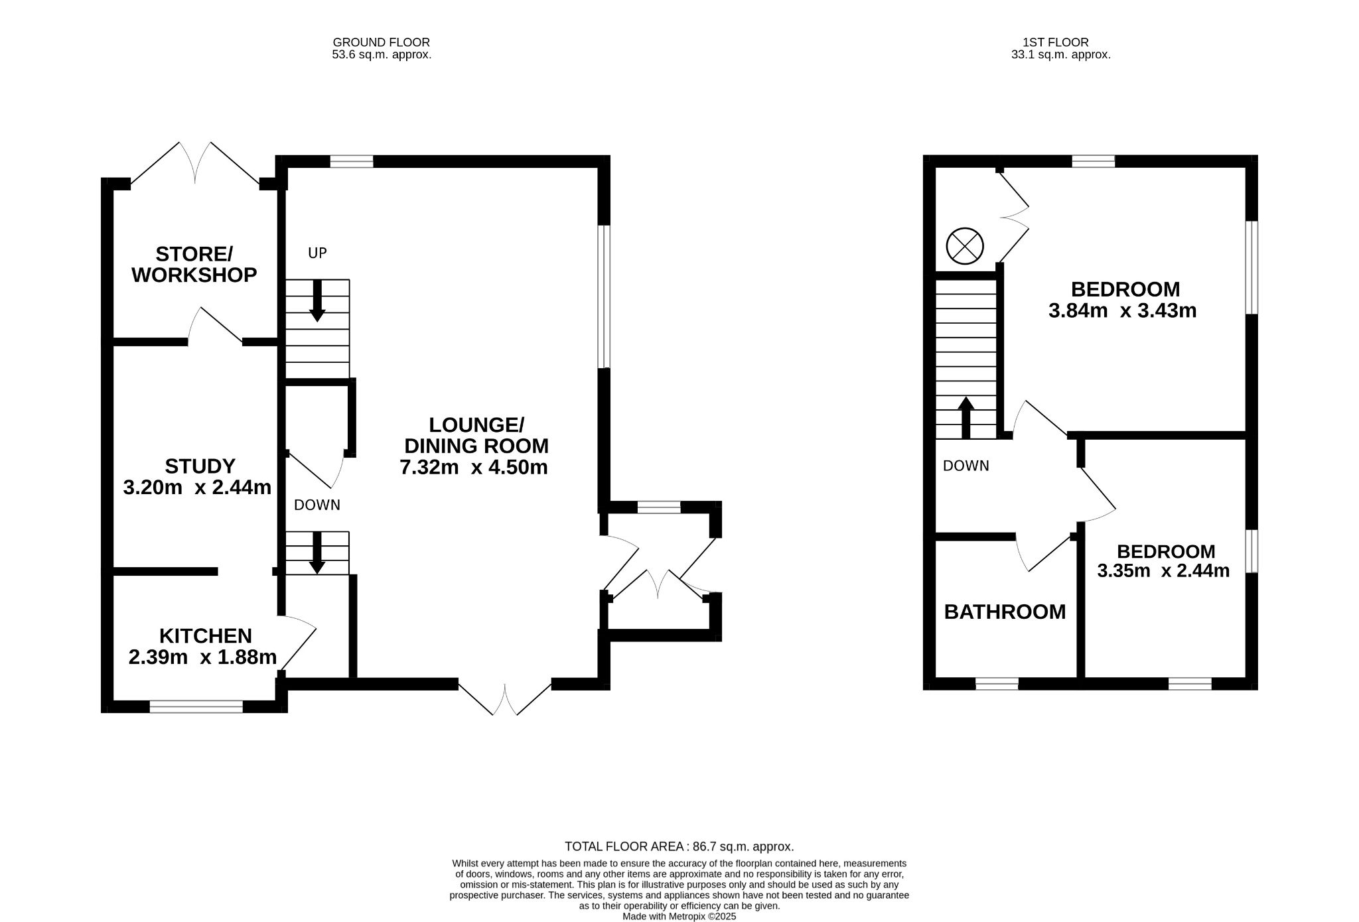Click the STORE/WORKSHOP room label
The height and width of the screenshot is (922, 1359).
point(194,264)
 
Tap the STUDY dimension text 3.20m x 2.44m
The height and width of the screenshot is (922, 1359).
point(197,488)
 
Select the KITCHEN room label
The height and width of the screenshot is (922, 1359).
point(206,635)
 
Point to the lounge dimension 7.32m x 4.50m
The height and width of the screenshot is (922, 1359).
point(474,467)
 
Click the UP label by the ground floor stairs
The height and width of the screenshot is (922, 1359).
point(317,253)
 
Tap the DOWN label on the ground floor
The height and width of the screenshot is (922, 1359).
point(317,505)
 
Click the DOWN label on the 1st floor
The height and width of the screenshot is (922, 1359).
point(966,466)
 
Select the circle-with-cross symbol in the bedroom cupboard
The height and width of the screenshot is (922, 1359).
point(964,246)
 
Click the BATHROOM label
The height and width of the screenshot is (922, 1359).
point(1005,612)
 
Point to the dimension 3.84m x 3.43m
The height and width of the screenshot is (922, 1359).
point(1122,310)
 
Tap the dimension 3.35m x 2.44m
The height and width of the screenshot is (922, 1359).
point(1163,570)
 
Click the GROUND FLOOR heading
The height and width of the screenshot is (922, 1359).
point(382,42)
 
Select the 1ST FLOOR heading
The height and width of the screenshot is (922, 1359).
point(1060,42)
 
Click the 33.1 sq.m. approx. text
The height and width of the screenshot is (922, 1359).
point(1060,55)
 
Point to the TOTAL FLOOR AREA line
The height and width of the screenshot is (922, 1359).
point(679,846)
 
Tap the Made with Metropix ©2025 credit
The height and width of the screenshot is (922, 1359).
point(679,916)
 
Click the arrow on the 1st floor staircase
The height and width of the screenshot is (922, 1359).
point(966,417)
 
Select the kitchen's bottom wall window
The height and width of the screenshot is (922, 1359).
point(196,707)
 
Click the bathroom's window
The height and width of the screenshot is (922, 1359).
point(997,684)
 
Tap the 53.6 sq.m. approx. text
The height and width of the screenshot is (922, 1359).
point(382,55)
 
